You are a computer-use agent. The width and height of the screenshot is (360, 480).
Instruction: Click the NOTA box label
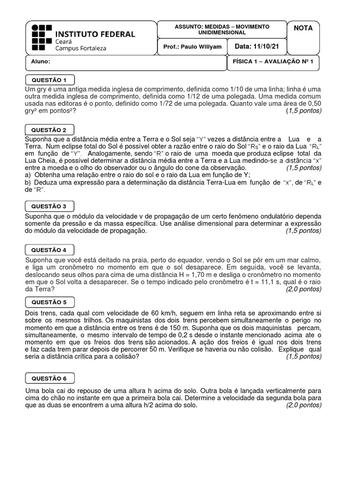coord(303,28)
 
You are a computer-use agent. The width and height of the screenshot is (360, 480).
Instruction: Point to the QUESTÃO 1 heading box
coord(49,79)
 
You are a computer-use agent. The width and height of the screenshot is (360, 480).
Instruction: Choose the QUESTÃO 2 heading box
coord(49,129)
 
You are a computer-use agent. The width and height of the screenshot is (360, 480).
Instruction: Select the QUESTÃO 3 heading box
coord(49,206)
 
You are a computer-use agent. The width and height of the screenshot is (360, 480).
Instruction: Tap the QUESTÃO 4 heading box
coord(49,250)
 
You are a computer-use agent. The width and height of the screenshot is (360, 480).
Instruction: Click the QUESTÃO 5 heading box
coord(49,302)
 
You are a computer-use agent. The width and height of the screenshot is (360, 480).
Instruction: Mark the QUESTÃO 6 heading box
coord(49,378)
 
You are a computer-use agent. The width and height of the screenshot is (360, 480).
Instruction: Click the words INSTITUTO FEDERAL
coord(95,34)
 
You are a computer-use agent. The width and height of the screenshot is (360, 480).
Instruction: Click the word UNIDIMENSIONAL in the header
coord(222,33)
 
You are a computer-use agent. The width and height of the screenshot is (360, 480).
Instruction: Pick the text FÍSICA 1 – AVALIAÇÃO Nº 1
coord(272,61)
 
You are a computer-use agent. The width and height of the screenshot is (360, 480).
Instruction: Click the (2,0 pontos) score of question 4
coord(304,289)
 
